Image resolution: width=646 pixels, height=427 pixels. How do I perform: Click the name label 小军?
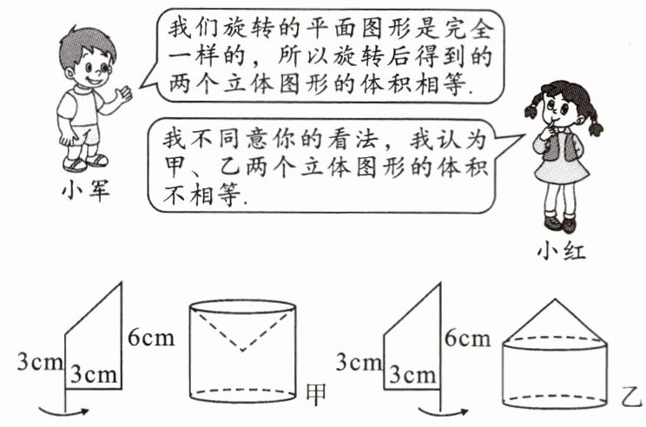[84, 189]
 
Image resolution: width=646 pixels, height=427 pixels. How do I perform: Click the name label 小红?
[562, 253]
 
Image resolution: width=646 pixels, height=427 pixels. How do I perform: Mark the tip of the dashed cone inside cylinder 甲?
[242, 351]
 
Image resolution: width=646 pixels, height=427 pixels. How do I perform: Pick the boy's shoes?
[87, 161]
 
